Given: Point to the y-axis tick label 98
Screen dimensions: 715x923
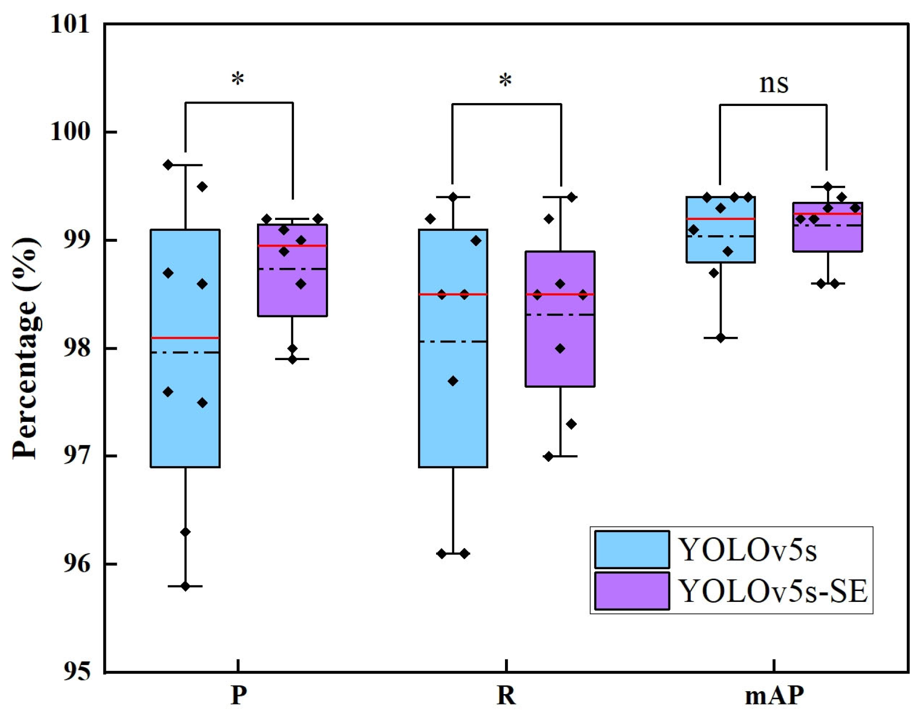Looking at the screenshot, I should click(x=76, y=348).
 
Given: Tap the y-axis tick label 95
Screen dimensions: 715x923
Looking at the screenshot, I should click(x=76, y=672).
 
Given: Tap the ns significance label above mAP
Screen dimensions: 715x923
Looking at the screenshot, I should click(x=774, y=83).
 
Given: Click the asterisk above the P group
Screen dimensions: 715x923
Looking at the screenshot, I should click(x=238, y=79).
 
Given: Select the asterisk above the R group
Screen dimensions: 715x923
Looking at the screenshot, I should click(x=505, y=80).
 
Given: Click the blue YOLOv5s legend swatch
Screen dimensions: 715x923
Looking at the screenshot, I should click(x=632, y=550).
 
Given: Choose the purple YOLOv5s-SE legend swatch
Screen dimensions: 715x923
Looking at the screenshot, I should click(x=632, y=591).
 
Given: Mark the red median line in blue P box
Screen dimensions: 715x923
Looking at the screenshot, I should click(x=185, y=338).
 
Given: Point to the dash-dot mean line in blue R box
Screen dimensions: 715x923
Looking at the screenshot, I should click(x=453, y=342).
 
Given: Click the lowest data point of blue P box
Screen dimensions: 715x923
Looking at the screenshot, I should click(x=185, y=586).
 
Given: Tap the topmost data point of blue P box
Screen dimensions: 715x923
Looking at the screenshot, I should click(x=168, y=165).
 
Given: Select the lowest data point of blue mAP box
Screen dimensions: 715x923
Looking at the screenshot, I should click(x=721, y=338).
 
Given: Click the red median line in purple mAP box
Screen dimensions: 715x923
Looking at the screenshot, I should click(x=828, y=214).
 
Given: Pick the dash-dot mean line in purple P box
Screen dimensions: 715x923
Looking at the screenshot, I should click(x=292, y=269).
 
